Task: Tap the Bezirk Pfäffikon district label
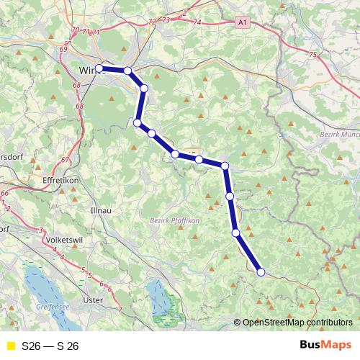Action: click(174, 220)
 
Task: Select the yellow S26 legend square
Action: click(10, 346)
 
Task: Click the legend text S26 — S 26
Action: click(50, 346)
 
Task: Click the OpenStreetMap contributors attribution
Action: click(297, 323)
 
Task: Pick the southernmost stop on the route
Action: click(261, 271)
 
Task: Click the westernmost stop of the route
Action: click(99, 68)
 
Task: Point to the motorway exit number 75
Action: click(312, 55)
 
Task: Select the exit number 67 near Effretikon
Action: click(65, 160)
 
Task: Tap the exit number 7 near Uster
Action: click(120, 309)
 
